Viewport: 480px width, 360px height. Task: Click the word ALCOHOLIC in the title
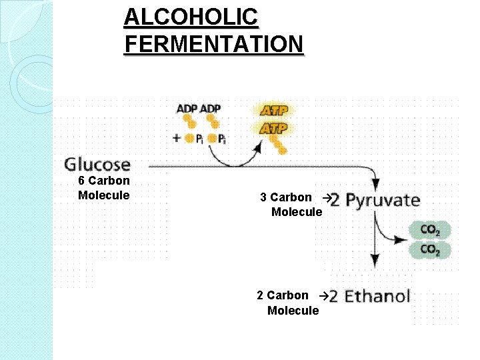pyautogui.click(x=191, y=17)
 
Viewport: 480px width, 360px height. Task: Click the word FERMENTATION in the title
pyautogui.click(x=213, y=44)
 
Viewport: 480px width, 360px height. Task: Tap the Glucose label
pyautogui.click(x=97, y=164)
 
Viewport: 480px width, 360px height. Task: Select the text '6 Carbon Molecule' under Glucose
pyautogui.click(x=104, y=188)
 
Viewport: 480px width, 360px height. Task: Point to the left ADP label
pyautogui.click(x=187, y=109)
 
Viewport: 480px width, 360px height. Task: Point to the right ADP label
pyautogui.click(x=211, y=109)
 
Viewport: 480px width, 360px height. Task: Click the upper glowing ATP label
pyautogui.click(x=273, y=111)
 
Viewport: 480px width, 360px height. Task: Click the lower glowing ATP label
pyautogui.click(x=273, y=128)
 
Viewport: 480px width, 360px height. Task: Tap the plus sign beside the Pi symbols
pyautogui.click(x=176, y=139)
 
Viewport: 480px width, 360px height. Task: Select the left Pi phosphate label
pyautogui.click(x=199, y=139)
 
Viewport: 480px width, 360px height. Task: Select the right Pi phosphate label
pyautogui.click(x=221, y=139)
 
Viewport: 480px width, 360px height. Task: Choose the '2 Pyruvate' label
pyautogui.click(x=375, y=200)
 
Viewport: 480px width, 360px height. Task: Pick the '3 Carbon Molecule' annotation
pyautogui.click(x=291, y=205)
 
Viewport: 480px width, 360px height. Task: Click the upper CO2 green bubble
pyautogui.click(x=430, y=231)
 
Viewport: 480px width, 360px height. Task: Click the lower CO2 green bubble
pyautogui.click(x=430, y=250)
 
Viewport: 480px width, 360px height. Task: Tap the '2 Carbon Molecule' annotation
pyautogui.click(x=288, y=303)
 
